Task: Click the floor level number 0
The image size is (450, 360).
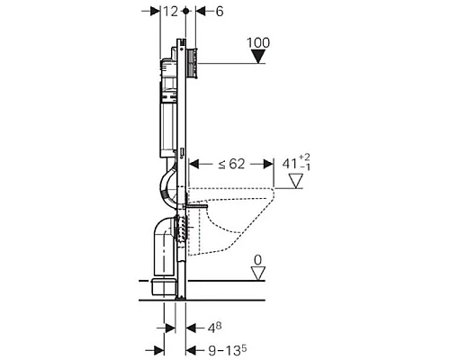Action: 259,261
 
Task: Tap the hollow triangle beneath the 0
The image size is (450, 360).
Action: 259,274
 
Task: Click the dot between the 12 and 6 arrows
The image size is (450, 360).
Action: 184,11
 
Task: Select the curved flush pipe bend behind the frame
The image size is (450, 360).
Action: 168,189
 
